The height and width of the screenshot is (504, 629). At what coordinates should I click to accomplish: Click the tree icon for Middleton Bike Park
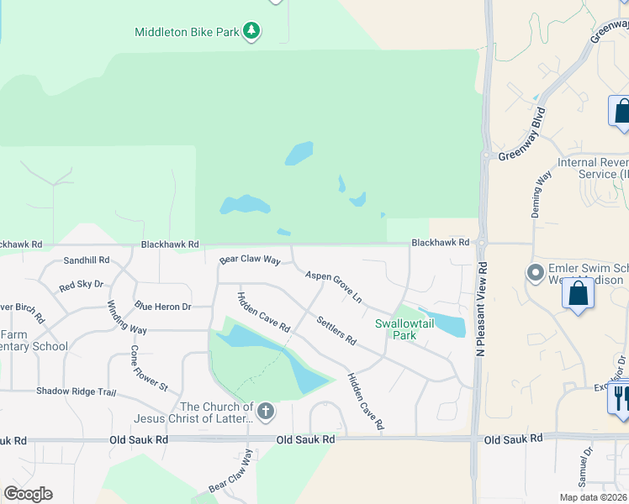click(251, 32)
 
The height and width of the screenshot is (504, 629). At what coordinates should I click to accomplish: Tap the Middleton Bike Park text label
click(187, 33)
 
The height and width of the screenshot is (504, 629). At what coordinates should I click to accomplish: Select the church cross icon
click(266, 412)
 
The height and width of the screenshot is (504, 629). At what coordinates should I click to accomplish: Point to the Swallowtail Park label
click(395, 328)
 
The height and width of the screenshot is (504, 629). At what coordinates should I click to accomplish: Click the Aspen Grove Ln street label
click(333, 286)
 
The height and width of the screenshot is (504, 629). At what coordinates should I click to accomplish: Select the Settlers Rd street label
click(336, 330)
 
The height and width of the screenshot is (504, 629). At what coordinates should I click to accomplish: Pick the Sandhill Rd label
click(87, 260)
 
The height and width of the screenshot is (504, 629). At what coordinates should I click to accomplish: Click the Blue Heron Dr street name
click(163, 307)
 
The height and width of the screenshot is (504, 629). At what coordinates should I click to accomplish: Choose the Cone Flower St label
click(149, 368)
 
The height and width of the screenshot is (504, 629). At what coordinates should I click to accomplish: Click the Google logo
click(28, 494)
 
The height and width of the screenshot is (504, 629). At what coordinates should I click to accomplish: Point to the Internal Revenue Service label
click(592, 168)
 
